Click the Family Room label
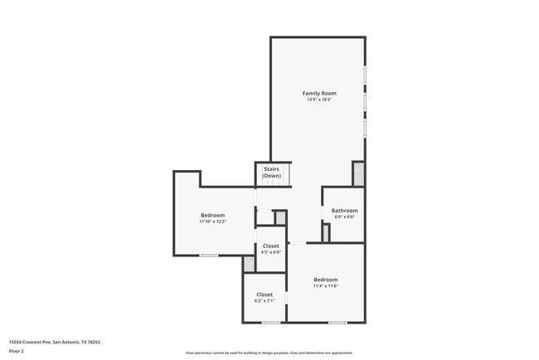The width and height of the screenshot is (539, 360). pyautogui.click(x=318, y=93)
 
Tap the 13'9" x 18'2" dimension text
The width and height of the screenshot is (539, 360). pyautogui.click(x=318, y=100)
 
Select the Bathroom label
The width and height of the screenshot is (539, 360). pyautogui.click(x=343, y=211)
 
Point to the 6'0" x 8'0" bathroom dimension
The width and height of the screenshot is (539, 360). pyautogui.click(x=343, y=217)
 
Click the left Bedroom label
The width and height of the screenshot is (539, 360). pyautogui.click(x=212, y=216)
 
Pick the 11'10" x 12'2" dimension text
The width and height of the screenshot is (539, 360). pyautogui.click(x=212, y=222)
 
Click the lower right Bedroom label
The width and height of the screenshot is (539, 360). pyautogui.click(x=325, y=280)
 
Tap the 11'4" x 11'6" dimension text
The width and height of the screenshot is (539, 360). pyautogui.click(x=325, y=286)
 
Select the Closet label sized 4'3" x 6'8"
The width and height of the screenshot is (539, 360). pyautogui.click(x=270, y=246)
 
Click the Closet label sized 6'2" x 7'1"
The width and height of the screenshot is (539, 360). pyautogui.click(x=264, y=294)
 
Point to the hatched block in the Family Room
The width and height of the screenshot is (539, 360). pyautogui.click(x=358, y=173)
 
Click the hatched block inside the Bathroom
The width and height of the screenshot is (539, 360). pyautogui.click(x=325, y=233)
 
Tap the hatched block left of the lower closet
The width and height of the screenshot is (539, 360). pyautogui.click(x=249, y=264)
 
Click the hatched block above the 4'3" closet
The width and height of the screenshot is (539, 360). pyautogui.click(x=280, y=217)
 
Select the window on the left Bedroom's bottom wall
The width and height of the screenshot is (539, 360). pyautogui.click(x=208, y=255)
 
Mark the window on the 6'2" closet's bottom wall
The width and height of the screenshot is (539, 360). pyautogui.click(x=269, y=322)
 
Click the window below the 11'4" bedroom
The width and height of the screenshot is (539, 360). pyautogui.click(x=337, y=322)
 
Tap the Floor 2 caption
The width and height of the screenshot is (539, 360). pyautogui.click(x=16, y=351)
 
